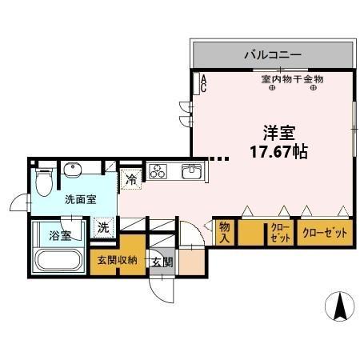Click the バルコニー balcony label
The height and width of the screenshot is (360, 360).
(273, 55)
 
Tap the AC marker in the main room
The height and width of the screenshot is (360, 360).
(203, 82)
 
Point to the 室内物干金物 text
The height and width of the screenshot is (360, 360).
(292, 79)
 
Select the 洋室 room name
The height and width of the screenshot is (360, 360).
(274, 133)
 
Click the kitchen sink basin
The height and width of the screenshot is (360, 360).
(192, 171)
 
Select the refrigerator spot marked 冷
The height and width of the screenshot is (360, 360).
(131, 180)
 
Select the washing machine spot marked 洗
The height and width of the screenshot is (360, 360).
(104, 227)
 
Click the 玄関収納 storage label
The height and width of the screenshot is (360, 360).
(118, 260)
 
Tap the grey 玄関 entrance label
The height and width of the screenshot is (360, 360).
(161, 263)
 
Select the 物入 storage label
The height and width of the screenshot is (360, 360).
(225, 232)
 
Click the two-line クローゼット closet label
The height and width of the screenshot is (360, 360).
(280, 234)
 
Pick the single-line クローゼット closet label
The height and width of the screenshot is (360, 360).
(325, 233)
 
